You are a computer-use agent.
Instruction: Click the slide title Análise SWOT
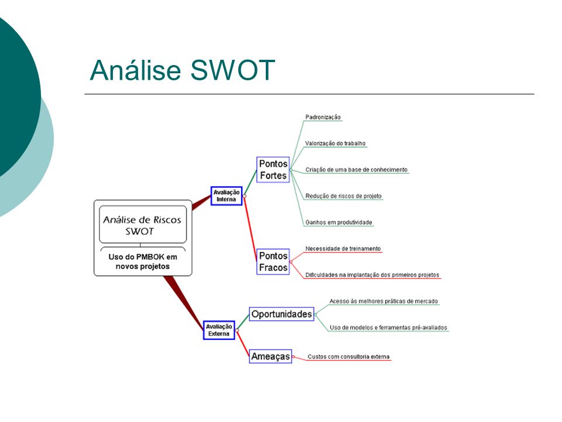click(183, 70)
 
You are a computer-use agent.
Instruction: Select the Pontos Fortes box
click(273, 170)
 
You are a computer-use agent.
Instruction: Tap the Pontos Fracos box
click(273, 261)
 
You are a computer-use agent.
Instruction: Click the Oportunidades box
click(282, 314)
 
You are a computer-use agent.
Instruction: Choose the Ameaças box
click(270, 356)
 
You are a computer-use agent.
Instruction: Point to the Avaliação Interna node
click(227, 196)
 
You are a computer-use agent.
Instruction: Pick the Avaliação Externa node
click(219, 330)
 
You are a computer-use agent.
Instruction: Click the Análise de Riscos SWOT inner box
click(143, 224)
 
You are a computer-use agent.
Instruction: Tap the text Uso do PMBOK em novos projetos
click(143, 261)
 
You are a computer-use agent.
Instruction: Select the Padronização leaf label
click(323, 117)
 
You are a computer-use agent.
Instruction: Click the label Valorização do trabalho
click(335, 143)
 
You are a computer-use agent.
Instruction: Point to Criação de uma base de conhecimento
click(357, 169)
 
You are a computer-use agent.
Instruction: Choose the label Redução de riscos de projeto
click(344, 196)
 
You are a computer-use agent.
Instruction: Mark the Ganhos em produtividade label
click(339, 222)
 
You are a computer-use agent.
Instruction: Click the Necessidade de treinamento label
click(343, 249)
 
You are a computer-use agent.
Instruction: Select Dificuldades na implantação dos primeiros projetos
click(372, 275)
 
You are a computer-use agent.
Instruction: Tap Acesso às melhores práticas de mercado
click(383, 301)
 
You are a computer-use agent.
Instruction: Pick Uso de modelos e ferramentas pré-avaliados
click(388, 327)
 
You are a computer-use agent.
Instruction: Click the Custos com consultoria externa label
click(348, 356)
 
